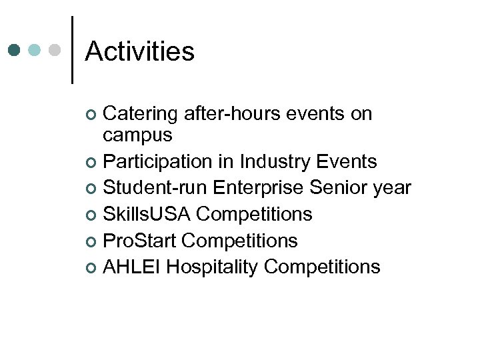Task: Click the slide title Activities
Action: pyautogui.click(x=139, y=51)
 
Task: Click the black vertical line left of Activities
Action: pyautogui.click(x=72, y=50)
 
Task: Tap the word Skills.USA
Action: pyautogui.click(x=147, y=214)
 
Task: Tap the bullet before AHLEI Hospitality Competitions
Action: pyautogui.click(x=92, y=268)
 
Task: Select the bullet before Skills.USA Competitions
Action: pyautogui.click(x=92, y=215)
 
